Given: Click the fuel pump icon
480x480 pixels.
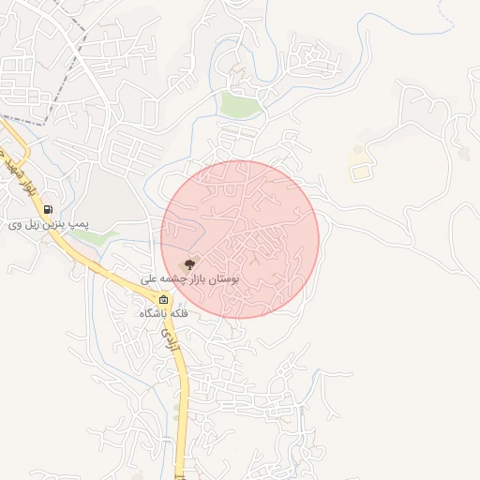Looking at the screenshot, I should click(48, 209).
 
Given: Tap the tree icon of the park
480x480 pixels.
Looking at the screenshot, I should click(190, 265).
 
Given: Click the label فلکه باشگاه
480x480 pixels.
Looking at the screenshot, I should click(165, 313).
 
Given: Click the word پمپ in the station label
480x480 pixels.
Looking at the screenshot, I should click(86, 224).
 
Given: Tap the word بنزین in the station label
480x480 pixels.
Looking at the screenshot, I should click(61, 224).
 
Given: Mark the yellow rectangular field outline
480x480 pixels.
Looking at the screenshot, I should click(360, 172).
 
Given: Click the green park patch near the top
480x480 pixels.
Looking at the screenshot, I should click(240, 105).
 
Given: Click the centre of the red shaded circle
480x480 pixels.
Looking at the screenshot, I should click(240, 239).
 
